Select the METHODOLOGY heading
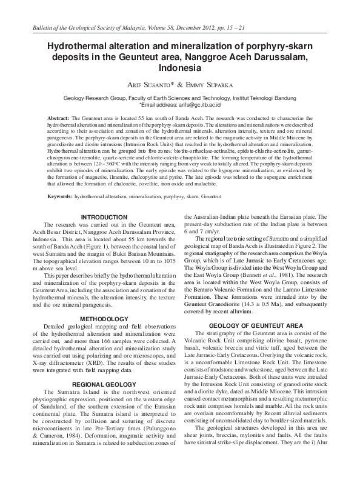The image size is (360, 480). pyautogui.click(x=103, y=318)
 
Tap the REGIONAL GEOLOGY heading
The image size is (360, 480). pyautogui.click(x=103, y=385)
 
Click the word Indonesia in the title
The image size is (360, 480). pyautogui.click(x=179, y=68)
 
